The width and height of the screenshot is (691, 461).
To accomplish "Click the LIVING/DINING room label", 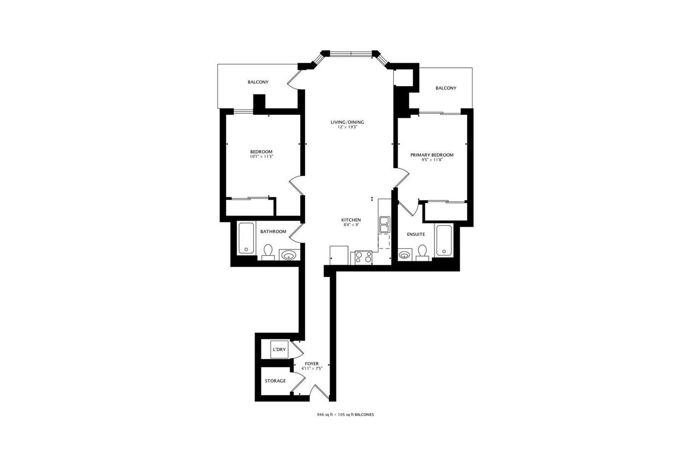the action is (x=347, y=122).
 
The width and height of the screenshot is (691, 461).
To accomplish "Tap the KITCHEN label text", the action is (x=351, y=220).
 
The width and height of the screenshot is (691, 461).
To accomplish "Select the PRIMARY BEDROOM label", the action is (x=432, y=155).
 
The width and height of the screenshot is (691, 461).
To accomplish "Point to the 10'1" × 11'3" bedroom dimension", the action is (x=262, y=157).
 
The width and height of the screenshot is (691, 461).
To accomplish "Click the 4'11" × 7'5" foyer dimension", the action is (x=312, y=368).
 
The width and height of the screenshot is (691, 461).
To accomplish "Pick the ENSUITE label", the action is (x=416, y=234).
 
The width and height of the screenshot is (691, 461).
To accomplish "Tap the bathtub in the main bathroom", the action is (x=246, y=238).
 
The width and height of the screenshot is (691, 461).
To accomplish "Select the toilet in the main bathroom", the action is (x=268, y=252).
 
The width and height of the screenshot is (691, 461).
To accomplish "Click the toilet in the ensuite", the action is (x=422, y=253).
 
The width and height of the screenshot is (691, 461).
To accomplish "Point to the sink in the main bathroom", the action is (x=289, y=255).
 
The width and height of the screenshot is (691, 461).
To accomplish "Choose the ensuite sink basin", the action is (x=404, y=255).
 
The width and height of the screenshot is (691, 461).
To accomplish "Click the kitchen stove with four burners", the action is (x=363, y=258).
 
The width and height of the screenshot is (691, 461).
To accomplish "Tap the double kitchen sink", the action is (x=385, y=225).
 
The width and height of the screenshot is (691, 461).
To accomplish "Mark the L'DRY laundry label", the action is (x=280, y=349).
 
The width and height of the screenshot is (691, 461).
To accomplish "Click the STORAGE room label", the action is (x=275, y=381).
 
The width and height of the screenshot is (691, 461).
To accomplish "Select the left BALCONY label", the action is (x=258, y=82).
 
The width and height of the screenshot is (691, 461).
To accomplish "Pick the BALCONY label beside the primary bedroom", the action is (x=446, y=88).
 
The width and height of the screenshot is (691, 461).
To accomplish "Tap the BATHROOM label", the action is (x=273, y=231).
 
